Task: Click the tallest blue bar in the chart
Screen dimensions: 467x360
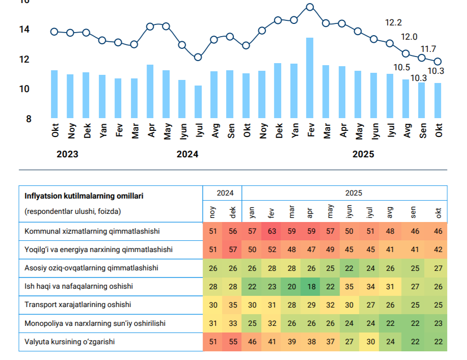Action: (310, 78)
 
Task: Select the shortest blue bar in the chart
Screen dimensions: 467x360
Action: (198, 102)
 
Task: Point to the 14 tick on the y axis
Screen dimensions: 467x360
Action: (24, 29)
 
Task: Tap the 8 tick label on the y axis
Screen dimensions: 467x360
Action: (29, 119)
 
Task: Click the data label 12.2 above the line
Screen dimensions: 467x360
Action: (393, 22)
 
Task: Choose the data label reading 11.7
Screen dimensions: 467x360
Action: (428, 49)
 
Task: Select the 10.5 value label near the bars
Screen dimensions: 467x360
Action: (402, 68)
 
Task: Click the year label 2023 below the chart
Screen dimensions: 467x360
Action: (67, 154)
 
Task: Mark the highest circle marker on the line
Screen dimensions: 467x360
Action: (310, 7)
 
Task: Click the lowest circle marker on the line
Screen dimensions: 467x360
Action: (198, 57)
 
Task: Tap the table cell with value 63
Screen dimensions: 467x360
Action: (271, 231)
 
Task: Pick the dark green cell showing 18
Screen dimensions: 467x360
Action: (311, 287)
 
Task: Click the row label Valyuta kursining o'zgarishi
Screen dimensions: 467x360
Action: (69, 342)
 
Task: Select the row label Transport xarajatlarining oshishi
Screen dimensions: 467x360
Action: (78, 304)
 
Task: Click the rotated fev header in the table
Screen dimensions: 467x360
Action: (271, 213)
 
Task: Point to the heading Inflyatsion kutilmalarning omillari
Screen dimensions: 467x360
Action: (84, 196)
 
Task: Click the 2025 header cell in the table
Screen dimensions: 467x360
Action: (353, 193)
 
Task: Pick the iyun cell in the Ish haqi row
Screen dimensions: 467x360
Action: (349, 287)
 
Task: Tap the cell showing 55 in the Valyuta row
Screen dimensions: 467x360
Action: (233, 342)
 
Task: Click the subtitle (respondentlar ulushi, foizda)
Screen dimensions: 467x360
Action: (73, 211)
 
